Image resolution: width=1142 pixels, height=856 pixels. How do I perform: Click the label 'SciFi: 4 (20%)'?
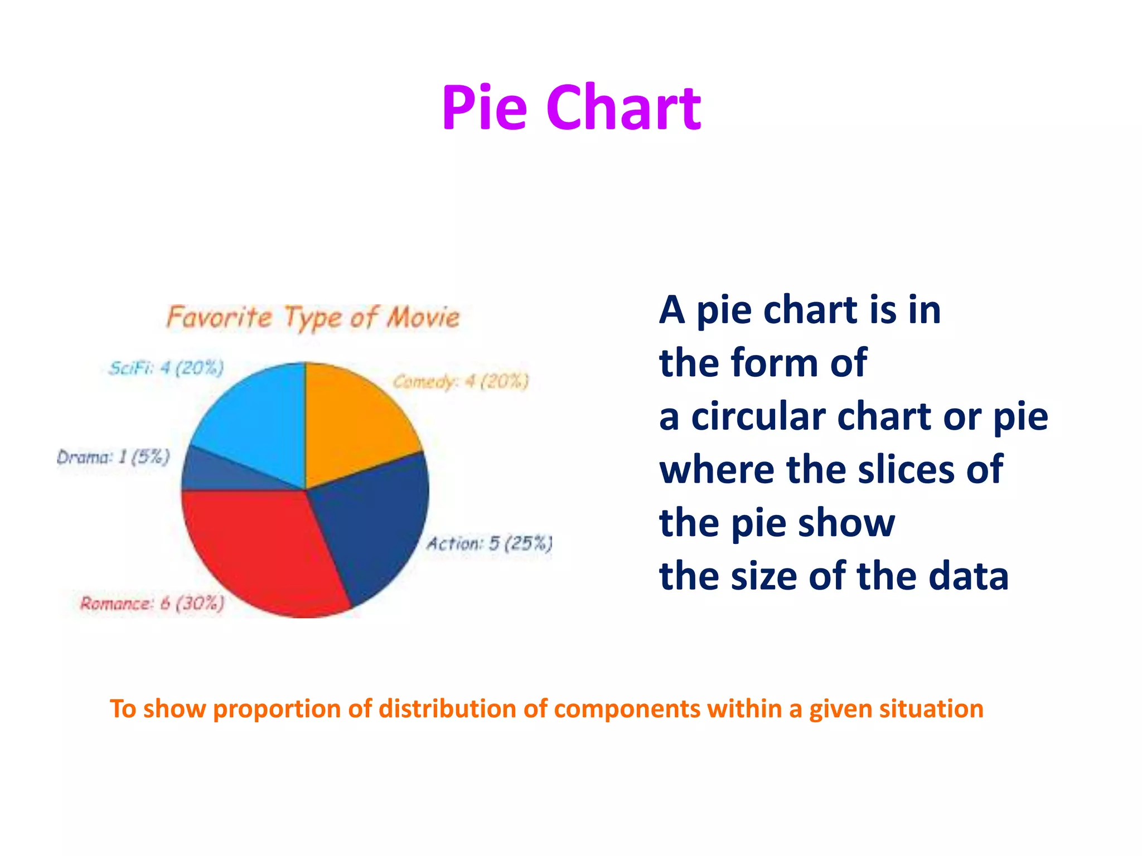tap(166, 368)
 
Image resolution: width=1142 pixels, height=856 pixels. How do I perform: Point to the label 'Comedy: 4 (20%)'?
tap(461, 382)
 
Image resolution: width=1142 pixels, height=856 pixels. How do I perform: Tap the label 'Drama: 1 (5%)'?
tap(113, 458)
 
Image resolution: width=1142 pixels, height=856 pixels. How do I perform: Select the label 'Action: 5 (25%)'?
tap(490, 543)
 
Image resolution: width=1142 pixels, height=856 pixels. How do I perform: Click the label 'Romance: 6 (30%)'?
tap(152, 604)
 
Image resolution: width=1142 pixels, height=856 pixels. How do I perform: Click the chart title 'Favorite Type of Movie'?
tap(313, 318)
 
